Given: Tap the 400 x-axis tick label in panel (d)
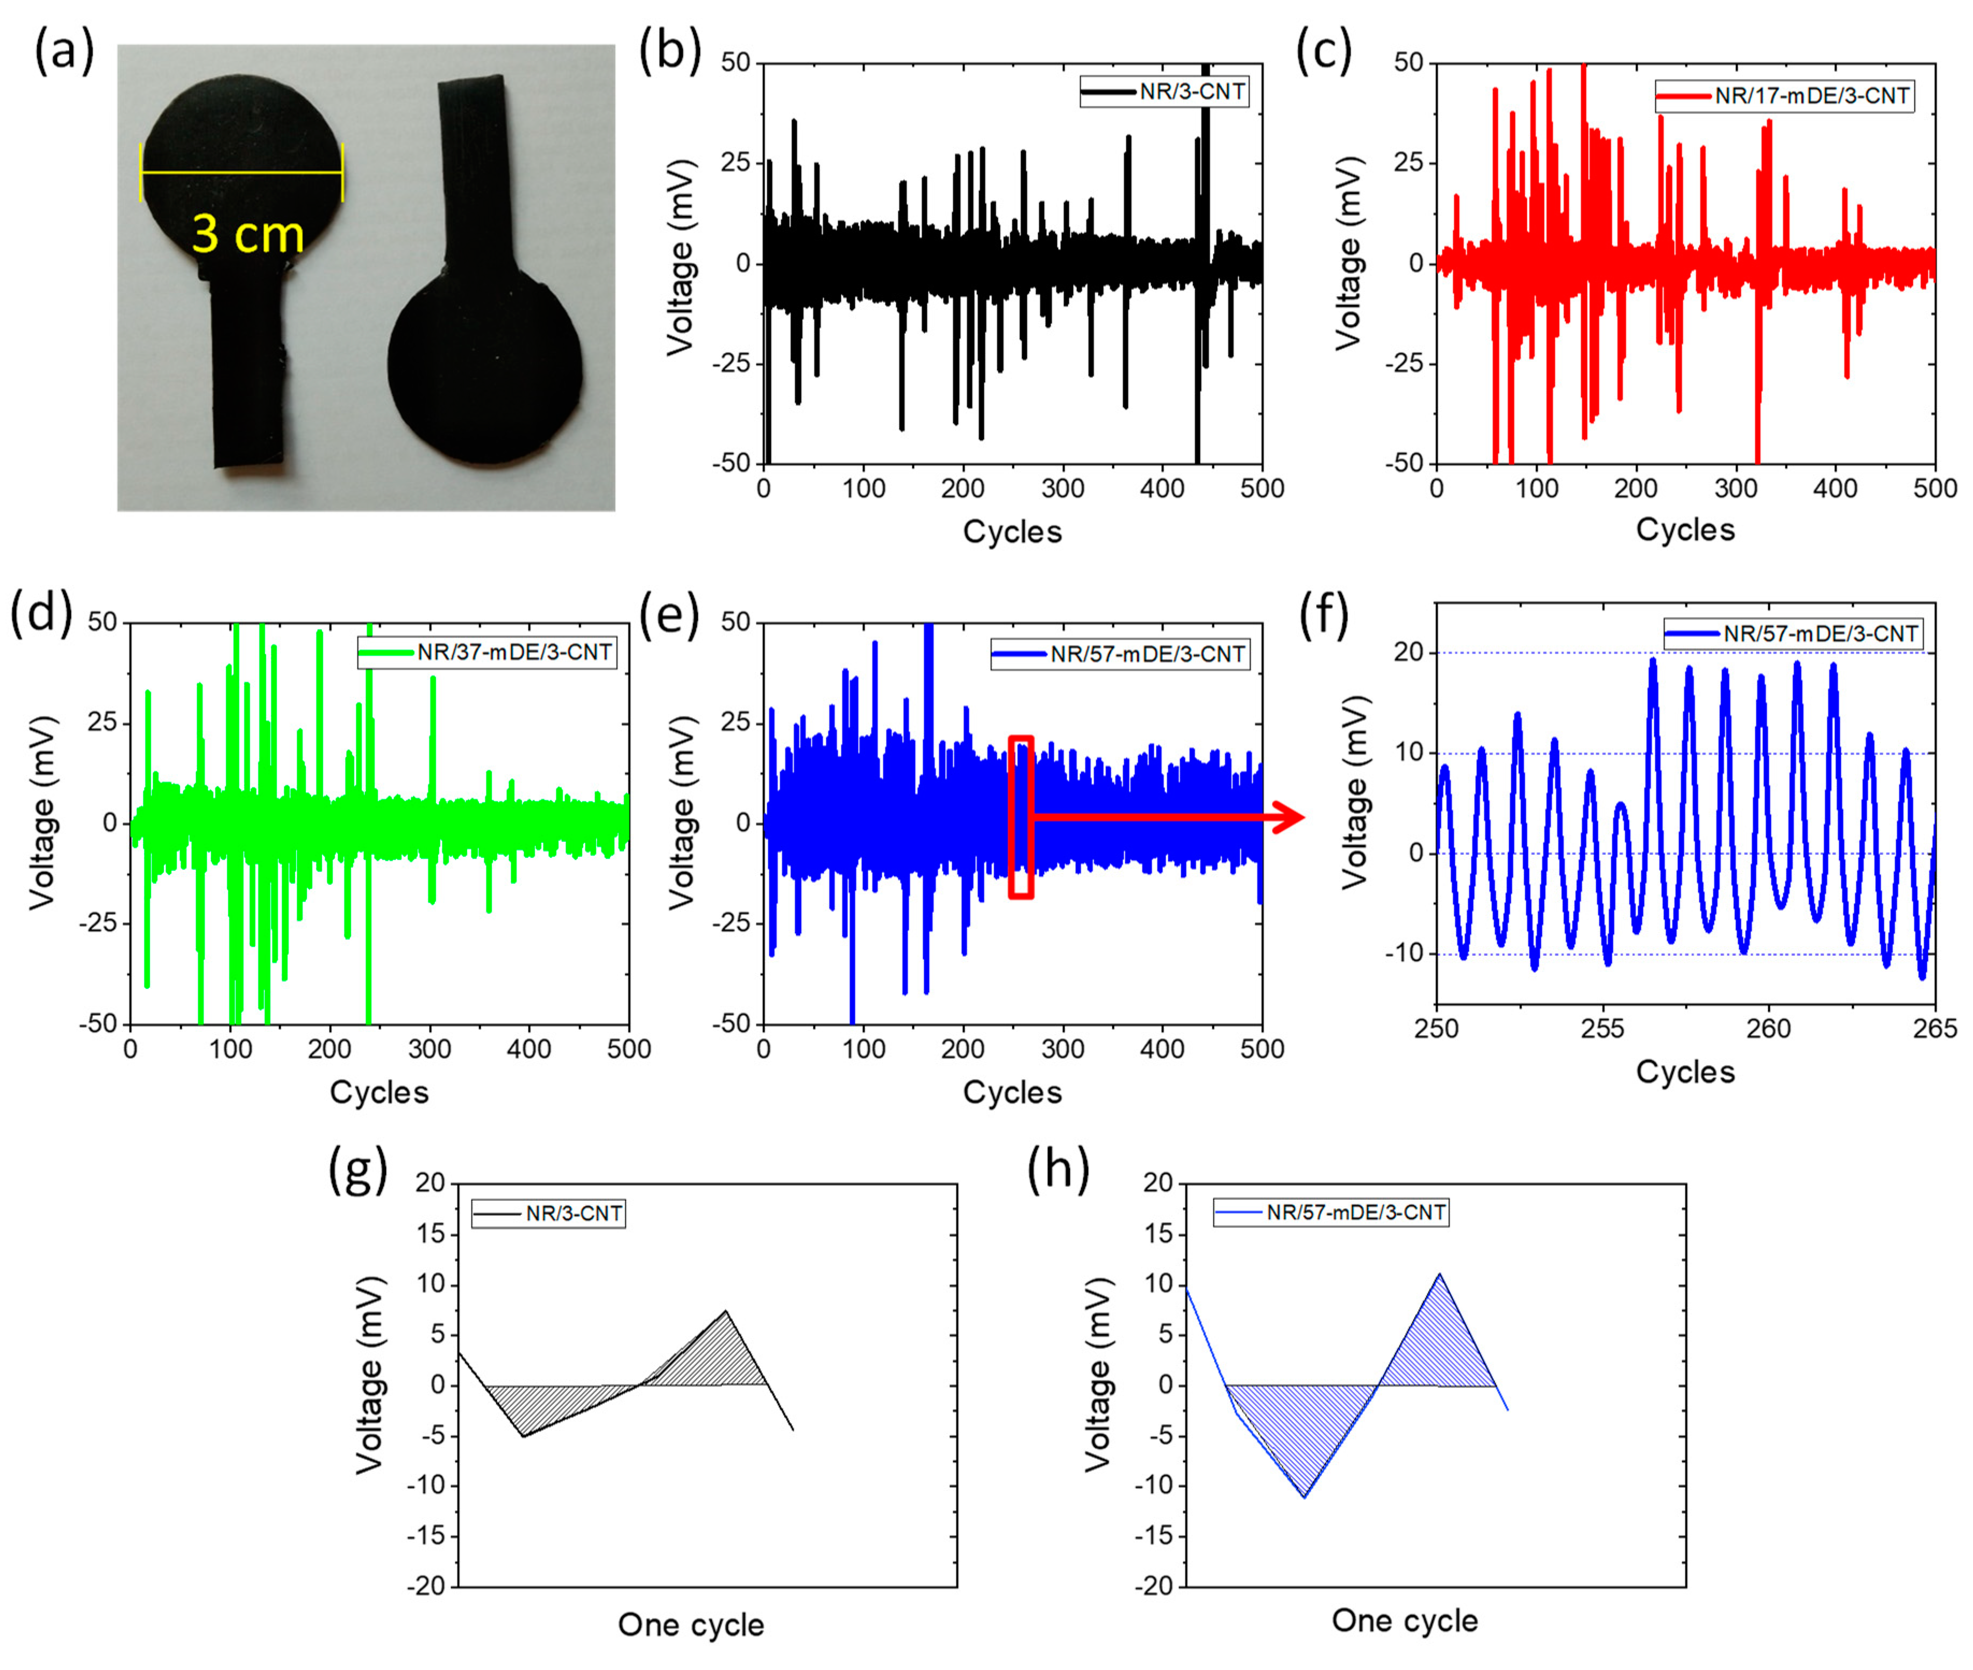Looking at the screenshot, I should coord(528,1049).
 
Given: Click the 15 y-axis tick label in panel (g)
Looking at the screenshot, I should coord(431,1234).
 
